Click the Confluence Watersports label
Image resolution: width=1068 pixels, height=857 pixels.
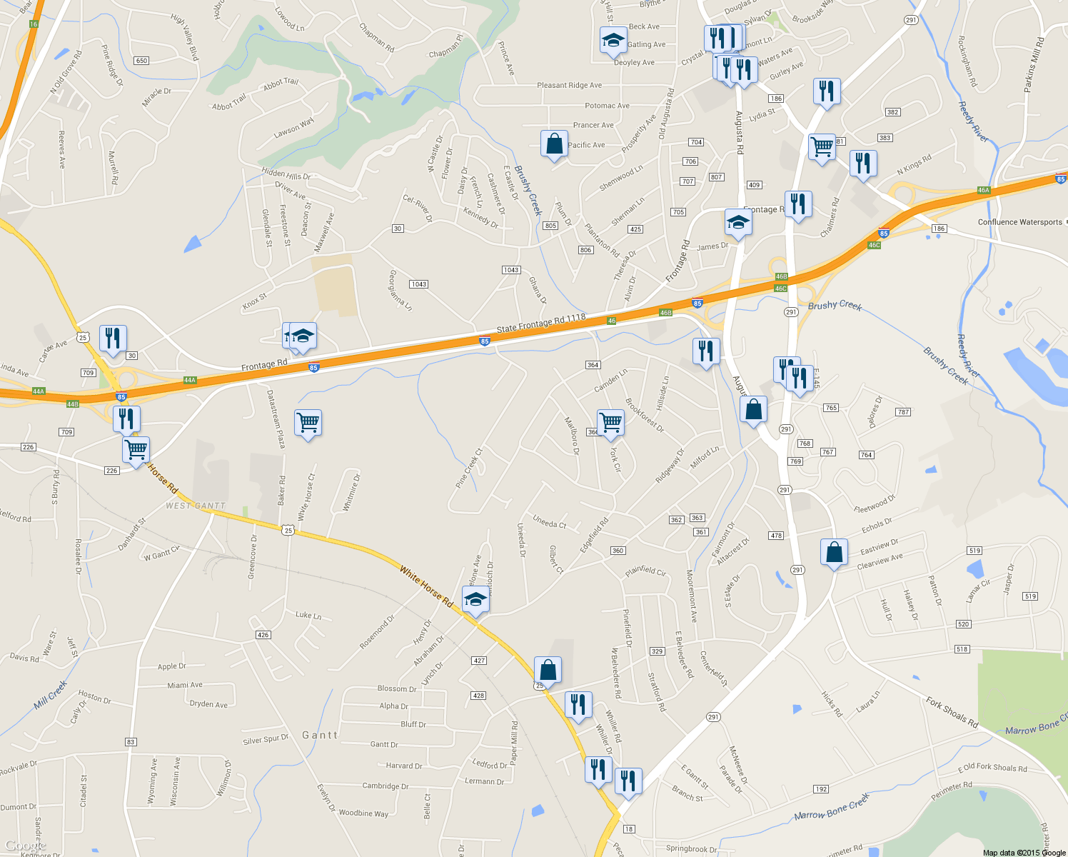(x=1019, y=222)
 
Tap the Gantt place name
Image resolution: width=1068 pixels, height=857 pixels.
(x=319, y=735)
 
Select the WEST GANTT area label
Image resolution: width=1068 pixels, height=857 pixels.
(x=196, y=506)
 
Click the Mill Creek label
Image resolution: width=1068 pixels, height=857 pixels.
(x=51, y=695)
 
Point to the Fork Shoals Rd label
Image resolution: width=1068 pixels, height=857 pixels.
(x=952, y=712)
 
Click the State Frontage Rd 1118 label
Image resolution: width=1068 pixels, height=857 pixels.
(x=540, y=324)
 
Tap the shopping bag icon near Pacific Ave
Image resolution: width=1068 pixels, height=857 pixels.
(x=554, y=144)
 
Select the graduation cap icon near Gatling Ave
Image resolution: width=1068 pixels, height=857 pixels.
(x=613, y=41)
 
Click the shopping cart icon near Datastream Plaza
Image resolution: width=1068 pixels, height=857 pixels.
(x=308, y=423)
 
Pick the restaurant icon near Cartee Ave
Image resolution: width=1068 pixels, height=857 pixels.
(x=113, y=339)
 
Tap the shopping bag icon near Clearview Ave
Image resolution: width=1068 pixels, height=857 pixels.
(x=834, y=552)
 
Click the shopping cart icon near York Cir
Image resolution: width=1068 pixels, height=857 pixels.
(x=610, y=423)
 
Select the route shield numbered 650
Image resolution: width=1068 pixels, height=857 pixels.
(x=141, y=61)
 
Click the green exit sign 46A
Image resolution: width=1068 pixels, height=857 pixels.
(x=984, y=191)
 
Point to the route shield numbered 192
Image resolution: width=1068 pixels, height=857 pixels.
(x=820, y=789)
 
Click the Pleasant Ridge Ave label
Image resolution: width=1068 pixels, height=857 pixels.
(x=569, y=85)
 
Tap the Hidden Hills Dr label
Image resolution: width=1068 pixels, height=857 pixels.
(x=286, y=174)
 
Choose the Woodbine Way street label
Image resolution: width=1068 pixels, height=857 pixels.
(x=363, y=813)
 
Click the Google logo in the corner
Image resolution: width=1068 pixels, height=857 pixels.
(x=26, y=846)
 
